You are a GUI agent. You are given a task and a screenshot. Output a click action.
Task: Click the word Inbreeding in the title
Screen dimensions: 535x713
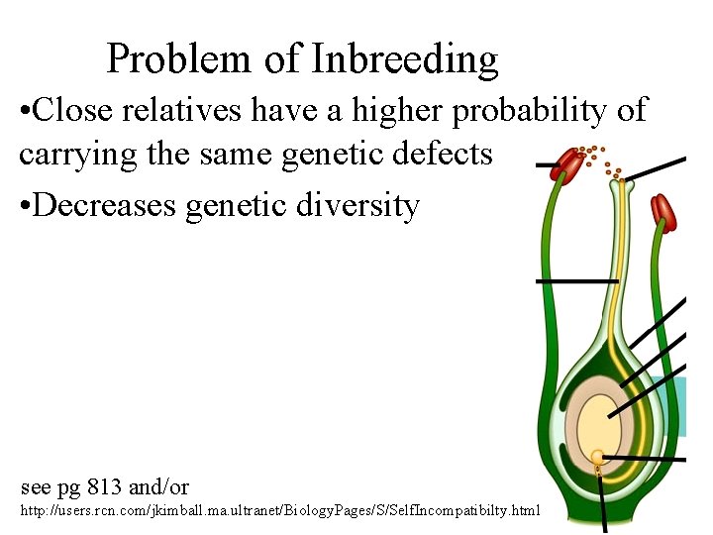[x=405, y=59]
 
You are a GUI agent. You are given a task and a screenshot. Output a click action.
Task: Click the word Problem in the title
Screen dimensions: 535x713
[x=178, y=59]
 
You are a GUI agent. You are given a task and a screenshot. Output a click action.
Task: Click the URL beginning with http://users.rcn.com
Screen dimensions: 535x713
[x=280, y=510]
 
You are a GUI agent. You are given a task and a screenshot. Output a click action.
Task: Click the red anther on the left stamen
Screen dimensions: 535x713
[x=567, y=164]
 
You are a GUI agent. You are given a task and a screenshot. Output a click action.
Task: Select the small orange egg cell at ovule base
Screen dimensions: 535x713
[x=597, y=458]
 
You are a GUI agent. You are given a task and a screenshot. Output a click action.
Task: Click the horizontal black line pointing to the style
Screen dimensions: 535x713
[x=574, y=281]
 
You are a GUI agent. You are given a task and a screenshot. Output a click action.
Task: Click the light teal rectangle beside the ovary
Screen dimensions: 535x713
[x=679, y=406]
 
